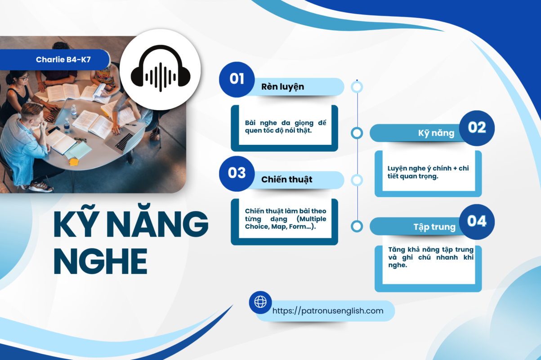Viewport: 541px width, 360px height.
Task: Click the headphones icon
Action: [x=161, y=68]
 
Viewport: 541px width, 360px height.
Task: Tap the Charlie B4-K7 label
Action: [x=63, y=59]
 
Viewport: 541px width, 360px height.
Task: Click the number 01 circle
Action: [x=237, y=79]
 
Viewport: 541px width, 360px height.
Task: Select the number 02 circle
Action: [x=477, y=128]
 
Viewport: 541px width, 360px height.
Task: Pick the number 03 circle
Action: [x=237, y=174]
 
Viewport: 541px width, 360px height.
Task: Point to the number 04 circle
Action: [x=477, y=222]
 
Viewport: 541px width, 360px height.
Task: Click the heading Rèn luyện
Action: [x=282, y=87]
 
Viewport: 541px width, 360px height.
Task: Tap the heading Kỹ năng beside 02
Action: [x=436, y=133]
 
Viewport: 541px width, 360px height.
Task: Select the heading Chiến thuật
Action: [x=286, y=180]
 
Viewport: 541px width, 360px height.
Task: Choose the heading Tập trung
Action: [x=434, y=227]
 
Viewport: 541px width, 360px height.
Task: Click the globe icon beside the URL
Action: [x=260, y=302]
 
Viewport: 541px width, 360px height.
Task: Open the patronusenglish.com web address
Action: [x=328, y=310]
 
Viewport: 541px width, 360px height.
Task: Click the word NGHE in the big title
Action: [x=100, y=261]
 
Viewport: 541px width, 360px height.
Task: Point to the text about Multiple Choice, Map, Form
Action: [x=286, y=219]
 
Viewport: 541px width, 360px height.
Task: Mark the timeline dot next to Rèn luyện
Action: [x=357, y=87]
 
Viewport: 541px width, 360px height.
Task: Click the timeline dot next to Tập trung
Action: [x=357, y=226]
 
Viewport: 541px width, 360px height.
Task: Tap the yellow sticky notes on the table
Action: [x=74, y=162]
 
